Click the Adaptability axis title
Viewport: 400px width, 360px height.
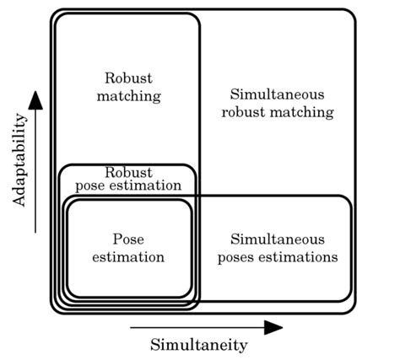coord(20,160)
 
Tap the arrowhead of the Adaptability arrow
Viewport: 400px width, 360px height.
coord(35,99)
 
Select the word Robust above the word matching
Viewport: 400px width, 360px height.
coord(128,78)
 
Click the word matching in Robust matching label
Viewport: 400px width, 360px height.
coord(128,95)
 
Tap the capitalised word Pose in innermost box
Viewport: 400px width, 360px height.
coord(128,239)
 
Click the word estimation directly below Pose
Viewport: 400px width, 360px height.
coord(128,256)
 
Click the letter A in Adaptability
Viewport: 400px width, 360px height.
coord(20,202)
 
